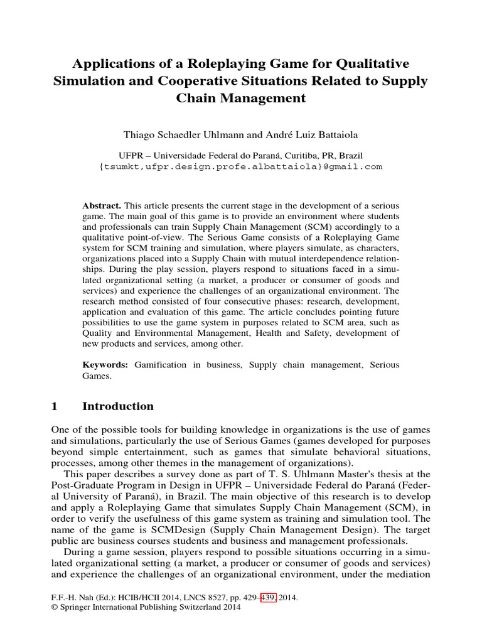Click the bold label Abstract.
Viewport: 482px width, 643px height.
[x=102, y=206]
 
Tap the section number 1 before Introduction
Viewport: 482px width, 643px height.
[x=54, y=406]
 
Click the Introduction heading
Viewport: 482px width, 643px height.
[x=118, y=406]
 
